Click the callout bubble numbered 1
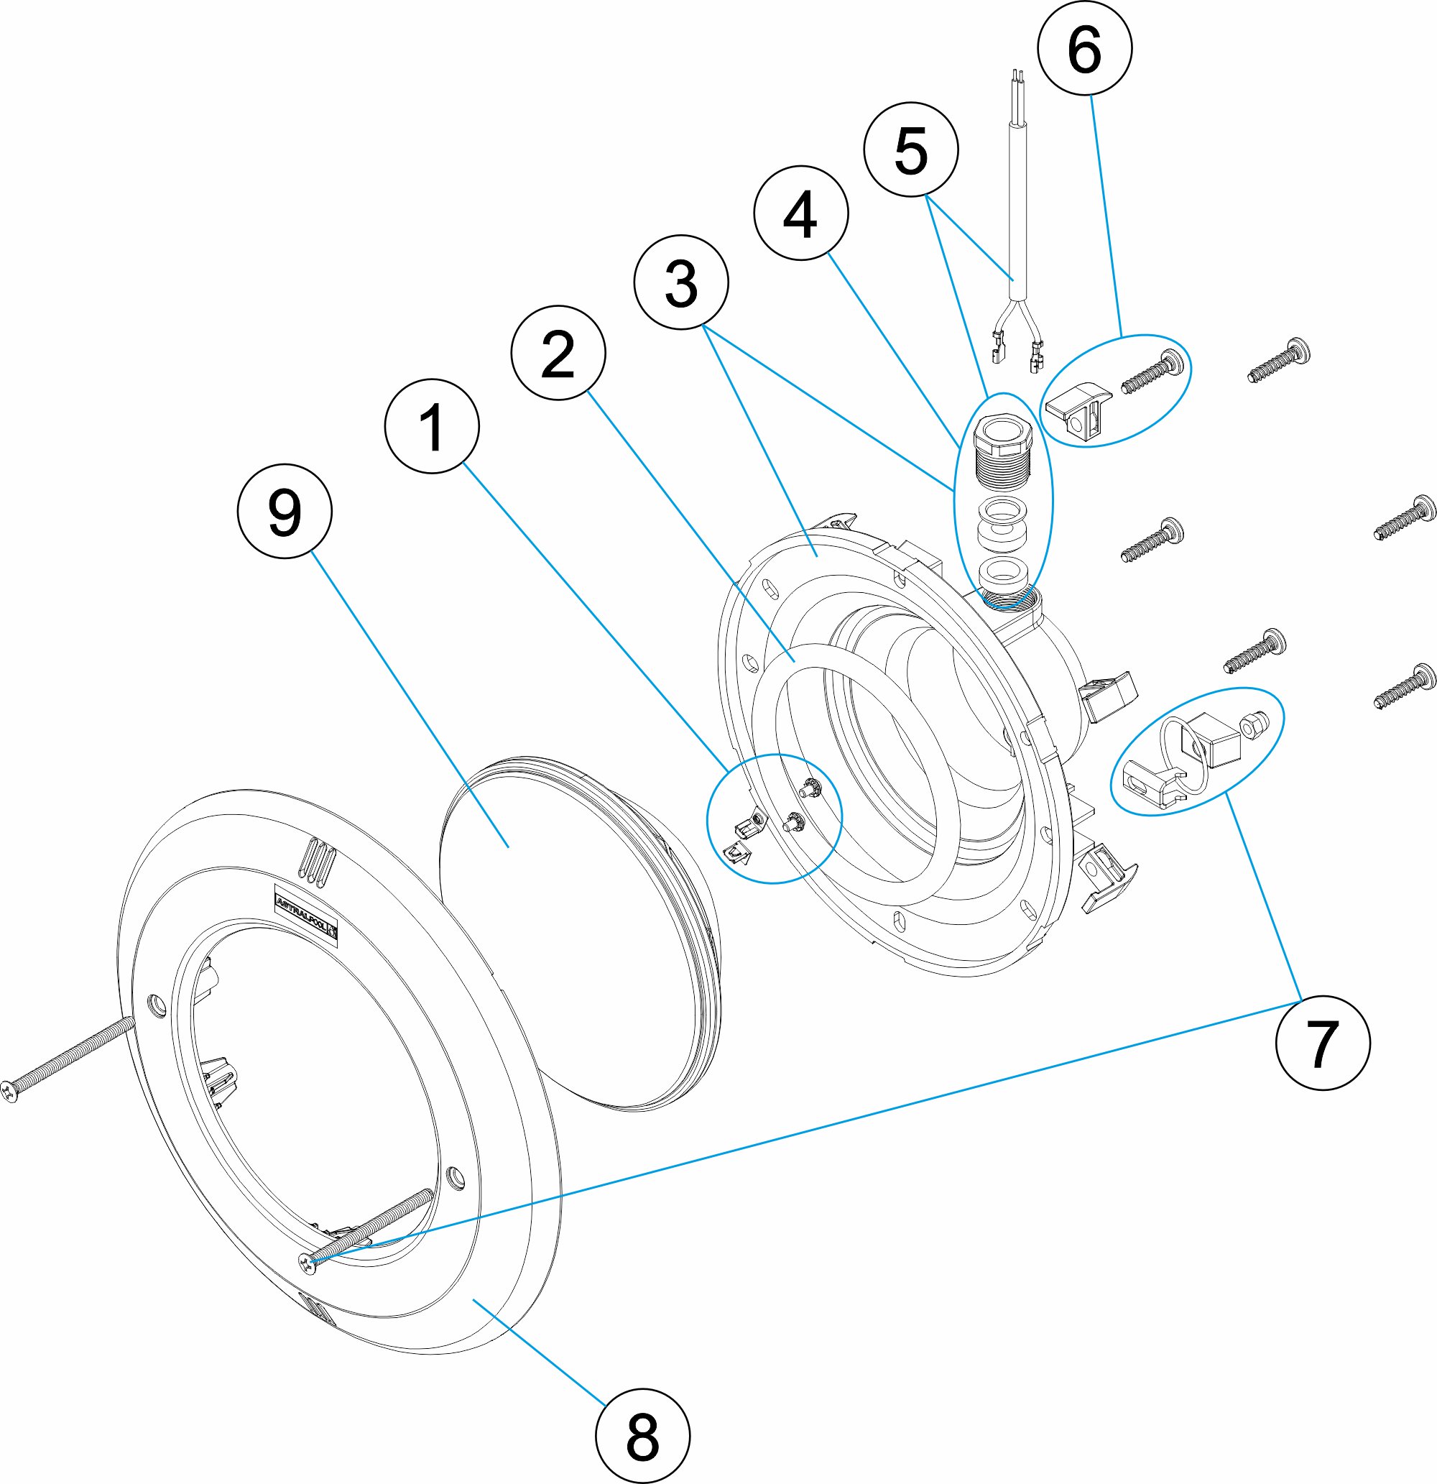point(432,426)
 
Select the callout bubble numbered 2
point(558,353)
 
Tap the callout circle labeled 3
point(680,282)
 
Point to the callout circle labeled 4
point(800,213)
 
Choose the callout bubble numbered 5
point(911,150)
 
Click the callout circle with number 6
point(1084,47)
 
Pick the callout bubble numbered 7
point(1322,1043)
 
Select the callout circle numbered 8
point(642,1436)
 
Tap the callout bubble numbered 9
point(284,512)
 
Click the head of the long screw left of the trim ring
point(9,1091)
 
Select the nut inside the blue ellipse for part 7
point(1250,727)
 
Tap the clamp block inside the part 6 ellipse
point(1079,413)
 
